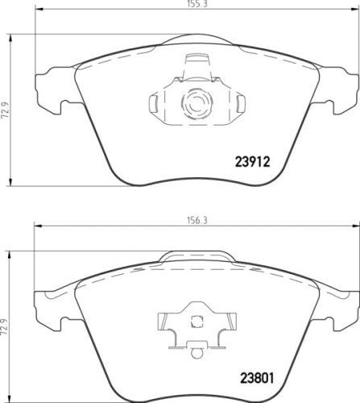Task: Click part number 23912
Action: (x=250, y=161)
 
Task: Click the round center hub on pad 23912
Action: (x=193, y=102)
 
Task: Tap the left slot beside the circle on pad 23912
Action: (x=155, y=102)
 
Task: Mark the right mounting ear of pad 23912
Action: (x=335, y=88)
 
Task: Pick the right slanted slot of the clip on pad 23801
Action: (x=228, y=326)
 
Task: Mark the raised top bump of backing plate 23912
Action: (x=194, y=38)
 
